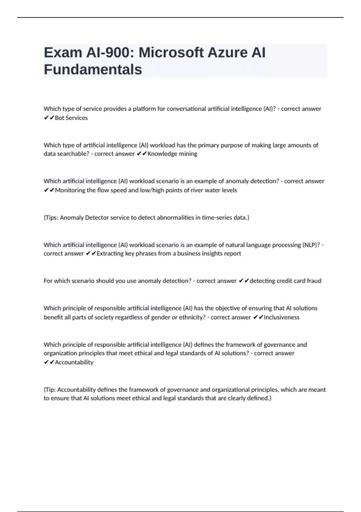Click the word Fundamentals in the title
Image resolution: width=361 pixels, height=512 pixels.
coord(93,70)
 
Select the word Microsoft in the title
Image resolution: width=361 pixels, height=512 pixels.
coord(171,53)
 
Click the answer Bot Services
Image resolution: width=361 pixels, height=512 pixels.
coord(71,118)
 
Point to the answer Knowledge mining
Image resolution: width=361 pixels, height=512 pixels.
coord(172,154)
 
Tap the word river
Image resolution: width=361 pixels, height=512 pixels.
coord(197,190)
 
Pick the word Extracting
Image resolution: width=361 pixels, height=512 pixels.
coord(110,253)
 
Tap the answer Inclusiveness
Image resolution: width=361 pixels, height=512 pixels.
coord(282,317)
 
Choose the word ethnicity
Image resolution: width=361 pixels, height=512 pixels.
coord(193,317)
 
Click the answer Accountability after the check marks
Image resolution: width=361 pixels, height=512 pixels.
coord(74,362)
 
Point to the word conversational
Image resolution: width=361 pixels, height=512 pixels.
coord(186,109)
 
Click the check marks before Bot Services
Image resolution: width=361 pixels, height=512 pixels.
coord(49,118)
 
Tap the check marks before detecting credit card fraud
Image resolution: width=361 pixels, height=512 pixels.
coord(244,281)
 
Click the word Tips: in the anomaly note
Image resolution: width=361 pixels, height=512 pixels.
coord(52,217)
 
